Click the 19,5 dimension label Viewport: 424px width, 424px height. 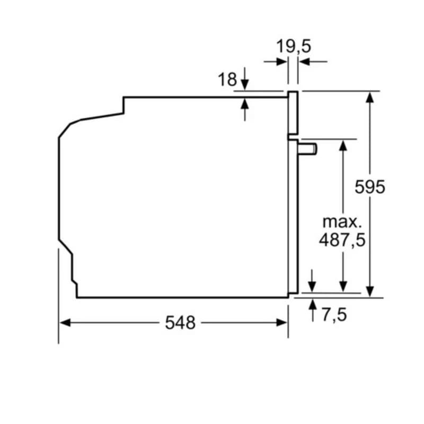coord(293,46)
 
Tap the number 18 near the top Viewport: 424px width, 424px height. coord(227,80)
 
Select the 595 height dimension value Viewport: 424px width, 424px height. coord(370,187)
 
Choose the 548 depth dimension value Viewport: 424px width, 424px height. coord(180,322)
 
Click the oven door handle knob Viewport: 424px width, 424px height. coord(309,148)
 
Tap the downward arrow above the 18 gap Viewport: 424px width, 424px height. coord(244,85)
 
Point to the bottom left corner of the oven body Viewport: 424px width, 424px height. coord(77,297)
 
